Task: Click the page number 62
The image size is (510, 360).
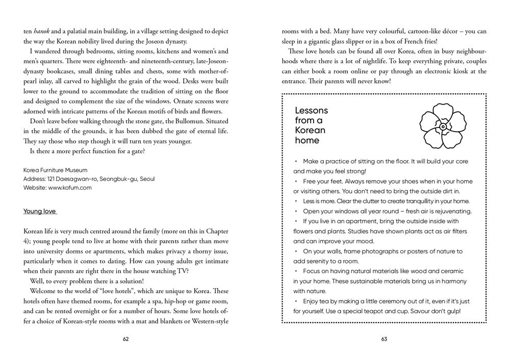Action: [x=126, y=340]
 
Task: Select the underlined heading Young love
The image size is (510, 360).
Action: [x=40, y=211]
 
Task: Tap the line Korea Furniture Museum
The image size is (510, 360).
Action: [x=55, y=170]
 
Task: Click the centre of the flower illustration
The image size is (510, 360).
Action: [x=443, y=126]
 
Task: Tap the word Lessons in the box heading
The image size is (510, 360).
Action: [x=311, y=111]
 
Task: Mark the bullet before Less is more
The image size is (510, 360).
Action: [x=295, y=201]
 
